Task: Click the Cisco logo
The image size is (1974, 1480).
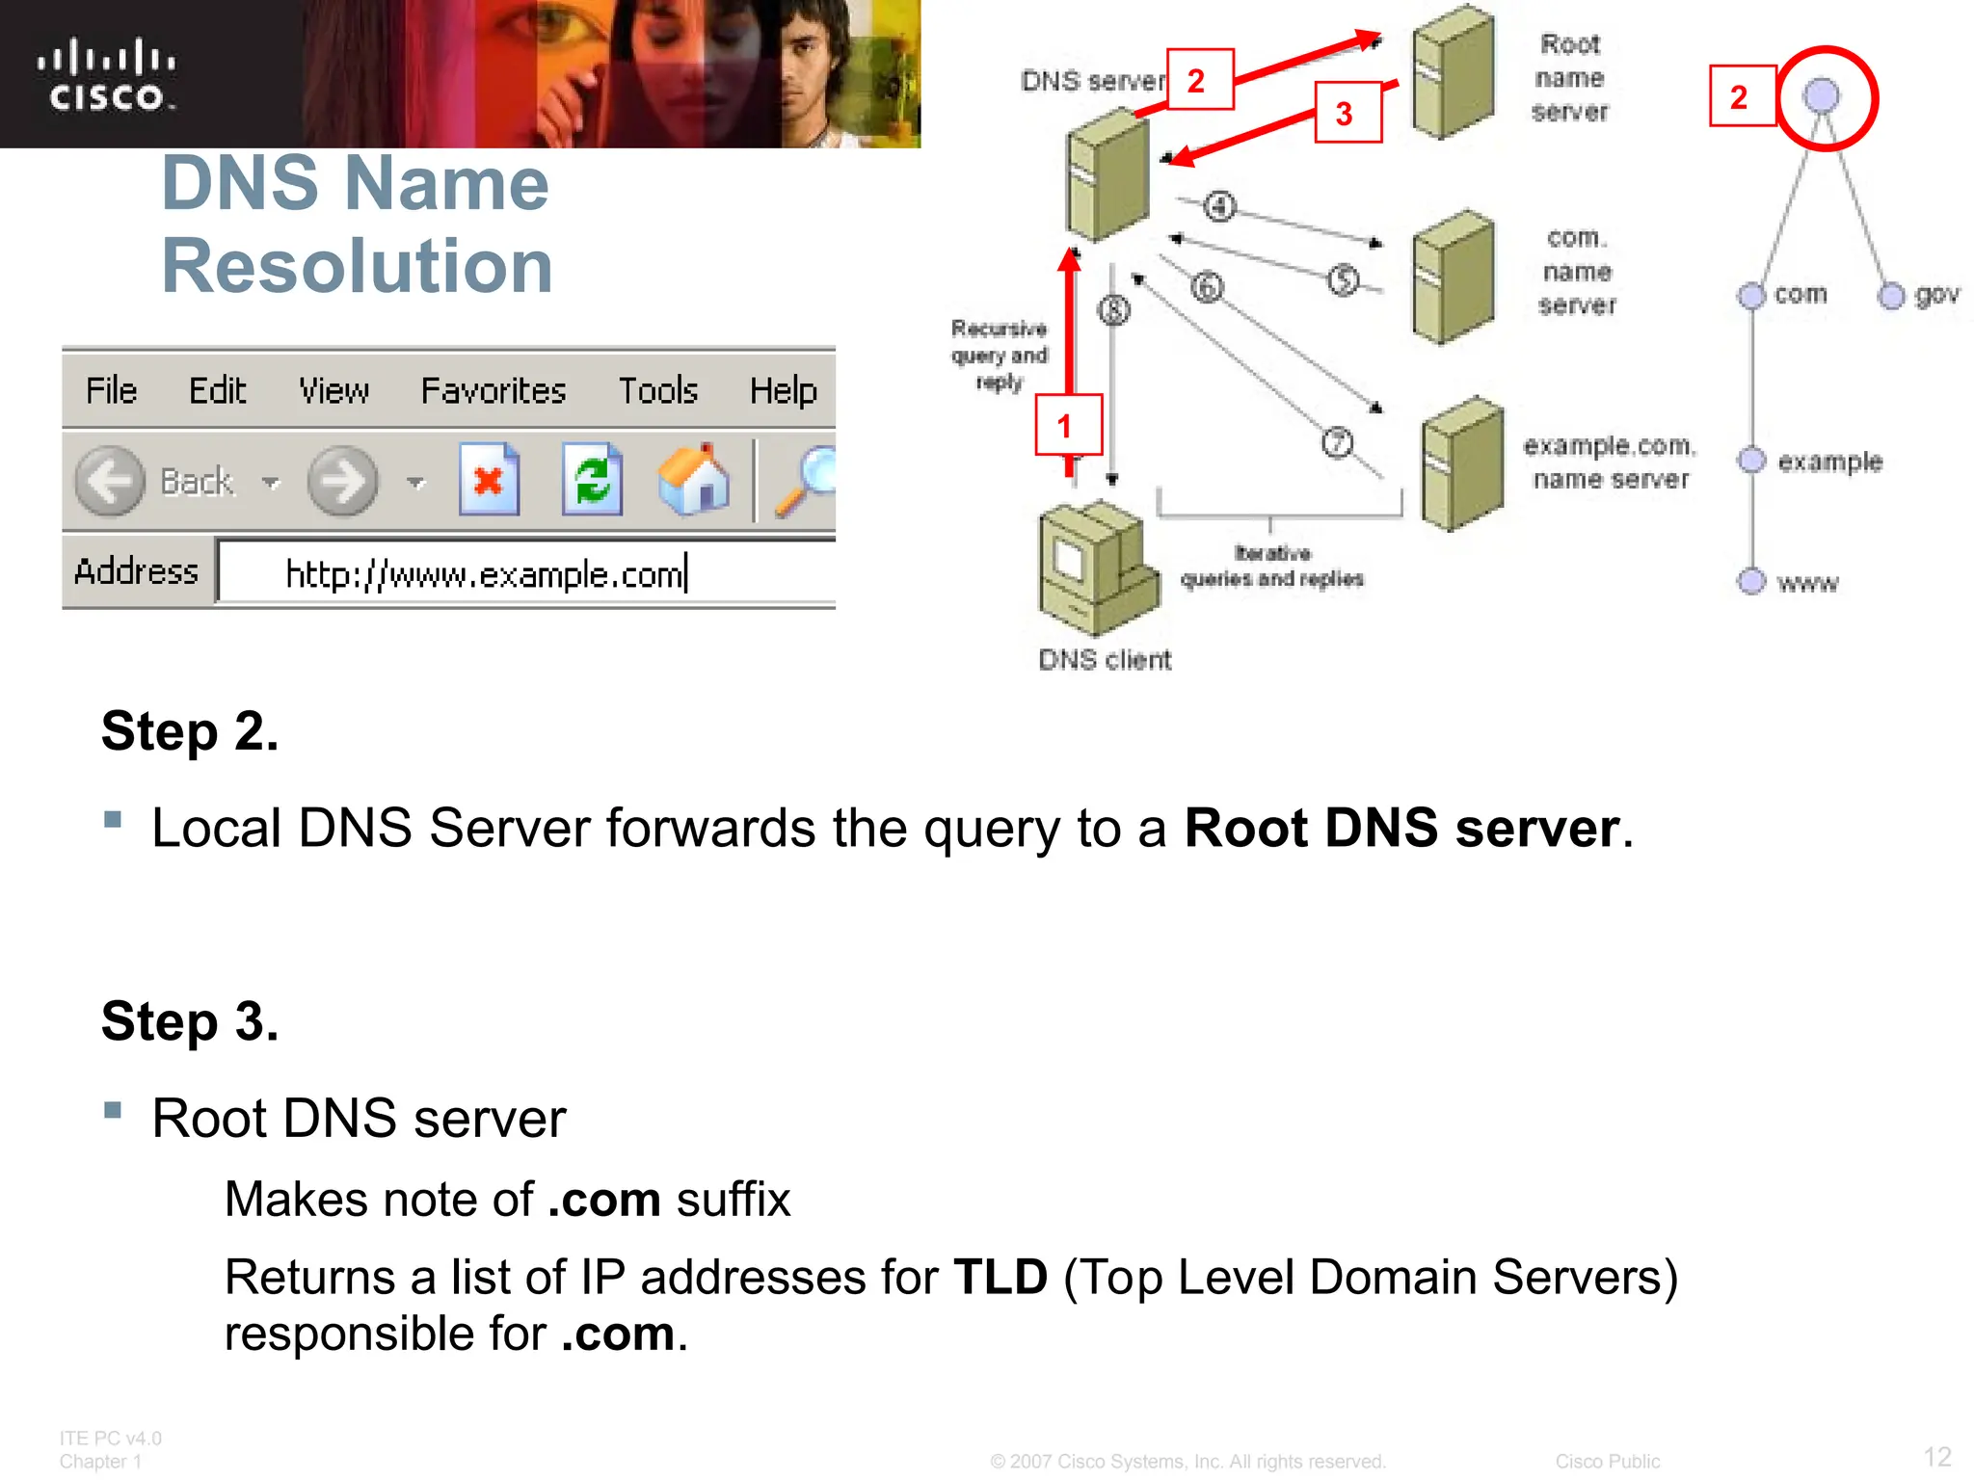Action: [106, 75]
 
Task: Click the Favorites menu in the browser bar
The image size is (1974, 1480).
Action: [493, 390]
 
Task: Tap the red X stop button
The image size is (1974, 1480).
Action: [489, 480]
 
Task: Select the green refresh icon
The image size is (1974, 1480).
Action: [592, 480]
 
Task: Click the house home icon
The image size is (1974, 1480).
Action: [694, 480]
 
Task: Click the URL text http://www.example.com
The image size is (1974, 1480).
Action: [485, 575]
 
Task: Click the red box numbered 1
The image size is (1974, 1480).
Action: [1067, 425]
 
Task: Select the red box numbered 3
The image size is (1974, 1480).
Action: [1347, 114]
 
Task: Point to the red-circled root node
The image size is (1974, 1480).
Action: [1822, 96]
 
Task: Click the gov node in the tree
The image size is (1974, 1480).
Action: [1892, 296]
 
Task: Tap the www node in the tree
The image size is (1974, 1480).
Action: [1751, 581]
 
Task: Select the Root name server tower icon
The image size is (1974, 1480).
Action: [1453, 73]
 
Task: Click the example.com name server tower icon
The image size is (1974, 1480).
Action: [1462, 463]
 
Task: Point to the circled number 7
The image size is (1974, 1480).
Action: [1337, 442]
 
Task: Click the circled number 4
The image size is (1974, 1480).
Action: [1219, 206]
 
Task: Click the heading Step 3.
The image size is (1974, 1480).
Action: [190, 1021]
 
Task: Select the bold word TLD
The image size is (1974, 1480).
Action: [1000, 1278]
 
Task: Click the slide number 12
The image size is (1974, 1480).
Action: [1936, 1456]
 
